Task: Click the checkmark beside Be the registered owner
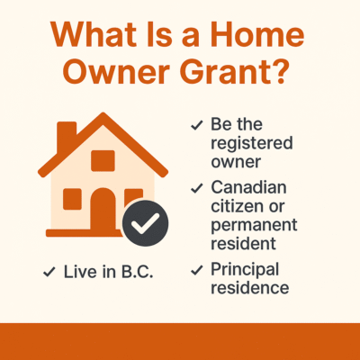click(x=195, y=126)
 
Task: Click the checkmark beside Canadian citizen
click(x=195, y=189)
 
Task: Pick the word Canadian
click(x=248, y=187)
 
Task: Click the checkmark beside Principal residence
click(x=195, y=269)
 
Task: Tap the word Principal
click(x=244, y=269)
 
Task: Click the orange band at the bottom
click(x=180, y=341)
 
